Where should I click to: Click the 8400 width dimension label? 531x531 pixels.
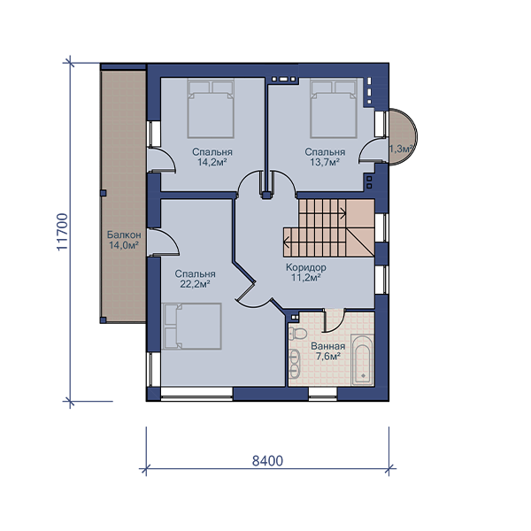pyautogui.click(x=267, y=461)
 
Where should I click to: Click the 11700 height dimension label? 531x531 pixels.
pyautogui.click(x=63, y=232)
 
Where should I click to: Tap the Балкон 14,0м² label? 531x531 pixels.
pyautogui.click(x=124, y=240)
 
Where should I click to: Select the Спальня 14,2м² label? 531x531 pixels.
pyautogui.click(x=212, y=158)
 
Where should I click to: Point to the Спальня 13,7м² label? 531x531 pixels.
pyautogui.click(x=325, y=158)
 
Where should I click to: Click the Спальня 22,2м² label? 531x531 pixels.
pyautogui.click(x=195, y=279)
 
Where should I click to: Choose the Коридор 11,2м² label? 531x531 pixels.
pyautogui.click(x=306, y=273)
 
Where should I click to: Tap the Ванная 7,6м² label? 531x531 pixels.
pyautogui.click(x=327, y=351)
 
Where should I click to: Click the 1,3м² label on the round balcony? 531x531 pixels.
pyautogui.click(x=402, y=149)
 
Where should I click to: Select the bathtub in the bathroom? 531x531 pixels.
pyautogui.click(x=362, y=359)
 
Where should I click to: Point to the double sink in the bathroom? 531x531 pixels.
pyautogui.click(x=295, y=364)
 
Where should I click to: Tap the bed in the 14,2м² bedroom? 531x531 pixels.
pyautogui.click(x=211, y=108)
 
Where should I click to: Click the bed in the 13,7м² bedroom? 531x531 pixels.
pyautogui.click(x=334, y=108)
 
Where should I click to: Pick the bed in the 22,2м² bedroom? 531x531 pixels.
pyautogui.click(x=192, y=326)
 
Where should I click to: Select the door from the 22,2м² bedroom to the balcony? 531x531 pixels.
pyautogui.click(x=163, y=242)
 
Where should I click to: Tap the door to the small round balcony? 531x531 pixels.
pyautogui.click(x=373, y=150)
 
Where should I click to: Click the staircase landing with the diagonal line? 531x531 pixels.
pyautogui.click(x=360, y=227)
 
